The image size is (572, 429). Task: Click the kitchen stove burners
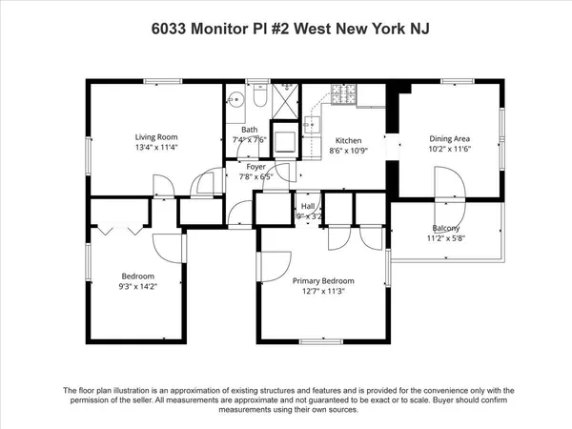[342, 94]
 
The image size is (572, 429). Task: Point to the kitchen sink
[311, 124]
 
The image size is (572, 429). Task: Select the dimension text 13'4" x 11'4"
[155, 148]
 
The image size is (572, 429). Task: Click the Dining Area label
[451, 137]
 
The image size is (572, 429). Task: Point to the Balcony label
[446, 228]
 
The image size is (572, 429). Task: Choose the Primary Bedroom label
[323, 281]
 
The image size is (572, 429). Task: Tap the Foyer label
[256, 166]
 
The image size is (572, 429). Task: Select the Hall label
[308, 206]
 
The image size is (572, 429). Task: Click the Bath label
[249, 129]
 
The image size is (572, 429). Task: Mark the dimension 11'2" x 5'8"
[446, 238]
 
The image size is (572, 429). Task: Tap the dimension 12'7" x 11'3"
[323, 292]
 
